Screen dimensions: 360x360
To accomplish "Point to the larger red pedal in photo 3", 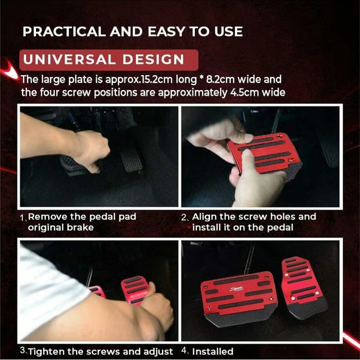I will pos(135,291).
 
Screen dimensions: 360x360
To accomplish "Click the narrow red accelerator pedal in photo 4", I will pos(304,285).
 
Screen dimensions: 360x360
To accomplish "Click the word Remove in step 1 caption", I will pos(47,217).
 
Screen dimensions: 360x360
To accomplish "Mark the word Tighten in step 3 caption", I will pos(47,352).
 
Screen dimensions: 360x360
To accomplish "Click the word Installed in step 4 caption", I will pos(212,352).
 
